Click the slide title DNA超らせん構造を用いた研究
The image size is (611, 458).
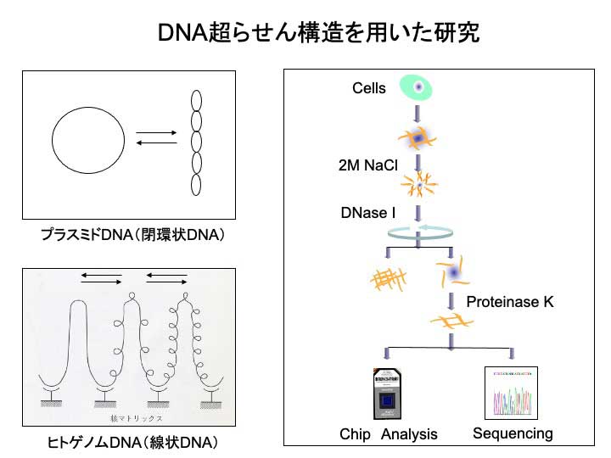(318, 33)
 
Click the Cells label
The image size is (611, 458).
(369, 88)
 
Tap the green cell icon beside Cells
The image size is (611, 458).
(417, 87)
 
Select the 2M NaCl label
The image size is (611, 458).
(367, 165)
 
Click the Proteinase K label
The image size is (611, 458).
(510, 300)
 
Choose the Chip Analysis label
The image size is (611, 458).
(389, 434)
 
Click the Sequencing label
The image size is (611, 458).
(513, 433)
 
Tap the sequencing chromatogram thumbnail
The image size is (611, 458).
(512, 393)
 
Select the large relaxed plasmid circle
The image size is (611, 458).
(88, 142)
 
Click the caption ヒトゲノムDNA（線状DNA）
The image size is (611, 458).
(132, 443)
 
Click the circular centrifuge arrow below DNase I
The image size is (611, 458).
(418, 231)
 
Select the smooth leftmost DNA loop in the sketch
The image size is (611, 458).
(81, 339)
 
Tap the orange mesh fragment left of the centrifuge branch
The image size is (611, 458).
(389, 278)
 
